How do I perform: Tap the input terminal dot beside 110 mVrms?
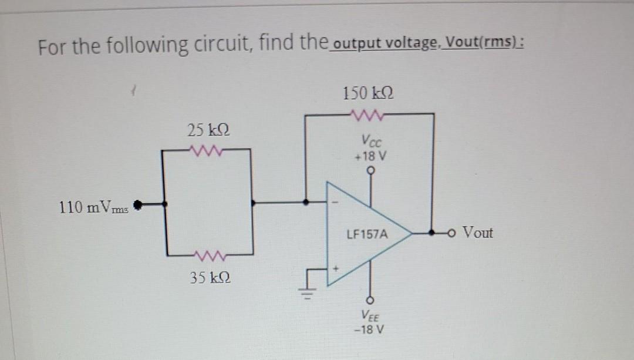(139, 205)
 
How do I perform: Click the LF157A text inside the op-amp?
(367, 234)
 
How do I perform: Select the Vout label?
(477, 233)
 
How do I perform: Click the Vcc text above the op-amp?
(370, 142)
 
